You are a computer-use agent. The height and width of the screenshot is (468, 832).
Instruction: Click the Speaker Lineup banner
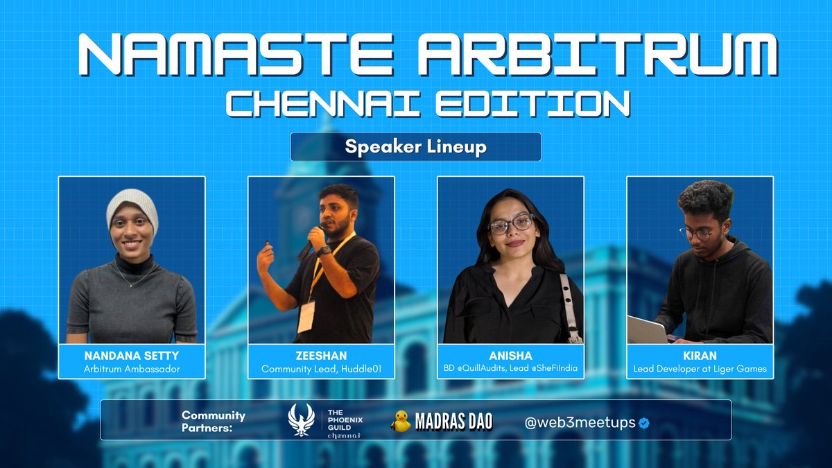coord(415,147)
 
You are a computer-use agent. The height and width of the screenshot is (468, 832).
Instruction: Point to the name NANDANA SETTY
coord(132,356)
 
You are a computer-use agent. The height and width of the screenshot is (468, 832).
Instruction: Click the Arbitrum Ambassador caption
coord(132,369)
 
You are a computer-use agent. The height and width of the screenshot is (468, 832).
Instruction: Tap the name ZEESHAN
coord(321,356)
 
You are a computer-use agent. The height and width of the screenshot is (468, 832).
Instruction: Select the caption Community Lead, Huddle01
coord(321,369)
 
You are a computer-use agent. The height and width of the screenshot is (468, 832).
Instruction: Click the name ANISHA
coord(510,356)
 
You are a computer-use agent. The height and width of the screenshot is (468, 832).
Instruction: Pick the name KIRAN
coord(700,356)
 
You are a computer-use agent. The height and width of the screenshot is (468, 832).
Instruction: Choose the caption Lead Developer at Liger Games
coord(700,369)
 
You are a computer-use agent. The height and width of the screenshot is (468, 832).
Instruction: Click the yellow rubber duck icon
coord(401,421)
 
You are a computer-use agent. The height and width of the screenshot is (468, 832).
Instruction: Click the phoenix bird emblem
coord(302,420)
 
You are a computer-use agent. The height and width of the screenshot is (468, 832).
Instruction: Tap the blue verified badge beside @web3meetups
coord(644,423)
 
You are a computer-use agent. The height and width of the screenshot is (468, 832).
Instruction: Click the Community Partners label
coord(214,420)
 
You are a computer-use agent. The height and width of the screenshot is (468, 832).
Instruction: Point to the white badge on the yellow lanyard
coord(306,316)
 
